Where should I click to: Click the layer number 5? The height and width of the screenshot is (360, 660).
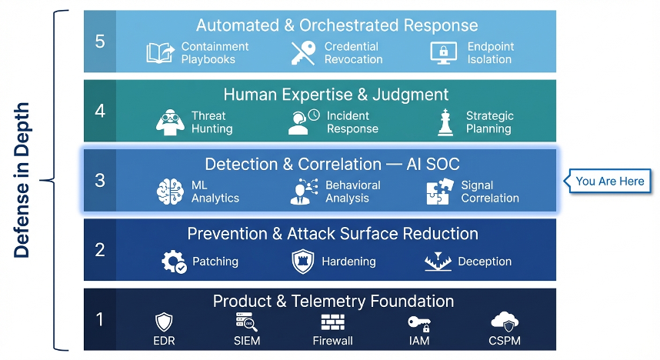(x=100, y=41)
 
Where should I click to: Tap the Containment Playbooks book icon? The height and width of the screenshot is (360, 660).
(x=160, y=52)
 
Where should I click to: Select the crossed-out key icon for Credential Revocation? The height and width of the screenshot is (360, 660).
(x=303, y=52)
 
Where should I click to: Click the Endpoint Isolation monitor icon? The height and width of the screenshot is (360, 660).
(x=444, y=52)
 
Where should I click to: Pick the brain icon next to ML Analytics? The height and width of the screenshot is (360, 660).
(x=169, y=192)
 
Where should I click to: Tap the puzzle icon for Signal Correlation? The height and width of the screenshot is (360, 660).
(x=438, y=192)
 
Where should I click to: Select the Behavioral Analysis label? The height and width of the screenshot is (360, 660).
(x=352, y=192)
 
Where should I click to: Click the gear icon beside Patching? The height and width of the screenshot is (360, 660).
(x=173, y=262)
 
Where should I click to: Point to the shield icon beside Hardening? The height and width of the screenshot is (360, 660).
(x=302, y=262)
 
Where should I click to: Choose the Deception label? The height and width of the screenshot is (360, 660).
(x=485, y=262)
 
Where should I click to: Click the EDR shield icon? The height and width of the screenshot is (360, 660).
(x=165, y=322)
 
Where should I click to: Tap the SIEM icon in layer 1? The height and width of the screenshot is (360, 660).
(x=247, y=322)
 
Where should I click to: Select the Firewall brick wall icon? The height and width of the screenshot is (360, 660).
(x=332, y=322)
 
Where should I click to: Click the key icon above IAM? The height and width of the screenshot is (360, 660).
(x=419, y=322)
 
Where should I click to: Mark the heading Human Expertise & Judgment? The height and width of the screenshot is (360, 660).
(x=335, y=95)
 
